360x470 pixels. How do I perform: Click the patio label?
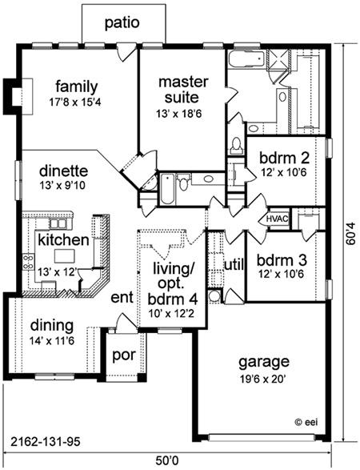[122, 23]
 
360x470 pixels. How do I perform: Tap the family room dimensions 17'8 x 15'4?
[75, 102]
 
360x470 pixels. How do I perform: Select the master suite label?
[183, 90]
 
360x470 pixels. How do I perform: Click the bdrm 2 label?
[284, 158]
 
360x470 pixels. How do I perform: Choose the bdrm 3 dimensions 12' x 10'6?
[282, 274]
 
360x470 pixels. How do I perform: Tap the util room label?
[234, 265]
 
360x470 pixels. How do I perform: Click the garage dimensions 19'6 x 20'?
[264, 380]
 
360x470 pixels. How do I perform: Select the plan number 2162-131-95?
[46, 442]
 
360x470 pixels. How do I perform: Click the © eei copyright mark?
[306, 422]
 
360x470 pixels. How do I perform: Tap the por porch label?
[124, 356]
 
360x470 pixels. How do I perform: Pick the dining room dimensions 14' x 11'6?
[52, 341]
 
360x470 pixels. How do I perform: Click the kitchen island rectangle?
[64, 256]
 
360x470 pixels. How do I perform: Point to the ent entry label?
[122, 298]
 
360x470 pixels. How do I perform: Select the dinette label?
[63, 171]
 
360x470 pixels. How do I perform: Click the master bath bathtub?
[246, 58]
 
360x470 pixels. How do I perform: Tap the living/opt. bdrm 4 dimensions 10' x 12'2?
[172, 314]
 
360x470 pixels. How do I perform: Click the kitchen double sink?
[58, 223]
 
